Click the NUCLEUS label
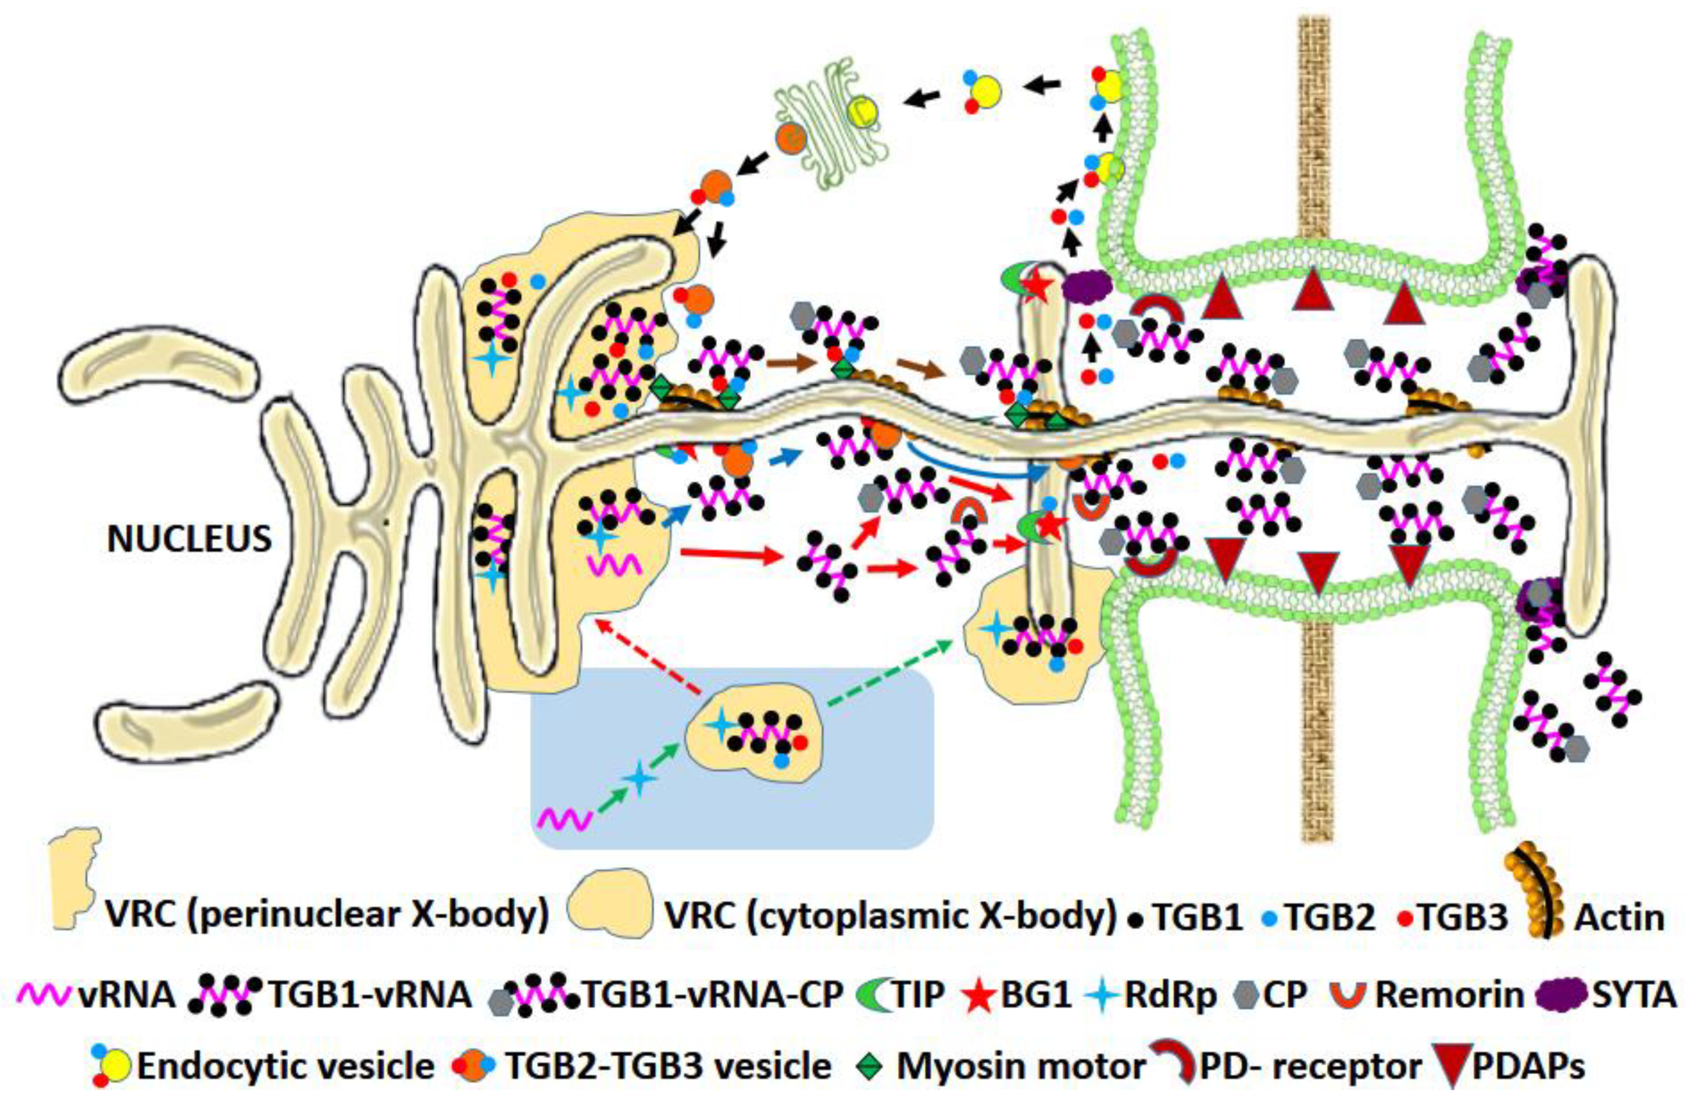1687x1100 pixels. click(x=189, y=539)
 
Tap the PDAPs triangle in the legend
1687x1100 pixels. click(x=1450, y=1067)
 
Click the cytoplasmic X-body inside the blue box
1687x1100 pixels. click(x=755, y=737)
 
